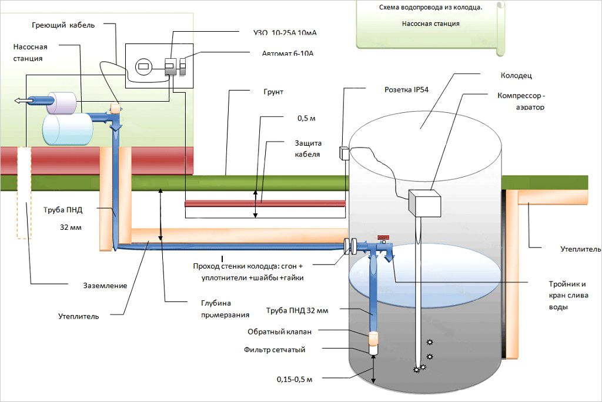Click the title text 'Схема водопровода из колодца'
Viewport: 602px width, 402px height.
tap(432, 8)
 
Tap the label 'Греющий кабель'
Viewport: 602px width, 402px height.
tap(63, 25)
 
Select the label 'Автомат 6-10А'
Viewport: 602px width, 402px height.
tap(288, 53)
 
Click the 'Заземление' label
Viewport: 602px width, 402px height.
tap(105, 286)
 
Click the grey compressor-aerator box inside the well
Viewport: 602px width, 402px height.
tap(425, 203)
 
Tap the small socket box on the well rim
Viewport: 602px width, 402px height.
tap(344, 152)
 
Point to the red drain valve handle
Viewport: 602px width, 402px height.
tap(383, 237)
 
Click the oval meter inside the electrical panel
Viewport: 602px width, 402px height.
tap(143, 66)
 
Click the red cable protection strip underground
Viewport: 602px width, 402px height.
tap(265, 203)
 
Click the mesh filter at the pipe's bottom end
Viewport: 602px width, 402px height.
tap(373, 349)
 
